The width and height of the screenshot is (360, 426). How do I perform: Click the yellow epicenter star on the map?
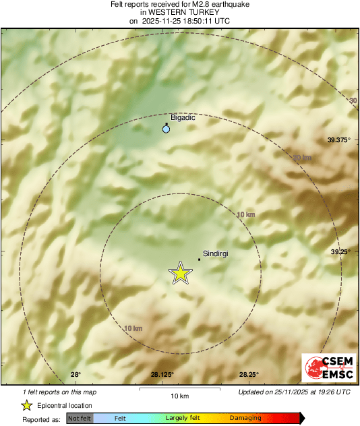pyautogui.click(x=180, y=273)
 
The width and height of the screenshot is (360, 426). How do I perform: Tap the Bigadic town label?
pyautogui.click(x=183, y=117)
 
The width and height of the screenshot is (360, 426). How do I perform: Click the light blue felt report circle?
pyautogui.click(x=166, y=129)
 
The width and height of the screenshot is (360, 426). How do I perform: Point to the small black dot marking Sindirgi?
pyautogui.click(x=199, y=260)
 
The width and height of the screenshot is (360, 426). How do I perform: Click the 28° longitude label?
pyautogui.click(x=76, y=375)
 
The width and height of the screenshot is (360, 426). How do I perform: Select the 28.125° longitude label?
pyautogui.click(x=162, y=375)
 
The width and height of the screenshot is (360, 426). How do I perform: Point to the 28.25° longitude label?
pyautogui.click(x=249, y=375)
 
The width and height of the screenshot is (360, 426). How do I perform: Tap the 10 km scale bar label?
pyautogui.click(x=179, y=396)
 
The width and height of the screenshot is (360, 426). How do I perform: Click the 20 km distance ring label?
pyautogui.click(x=303, y=157)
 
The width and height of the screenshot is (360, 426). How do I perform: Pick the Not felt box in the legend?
pyautogui.click(x=80, y=419)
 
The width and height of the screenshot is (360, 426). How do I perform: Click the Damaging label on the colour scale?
pyautogui.click(x=245, y=419)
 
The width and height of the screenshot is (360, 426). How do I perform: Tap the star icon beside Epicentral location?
pyautogui.click(x=26, y=405)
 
